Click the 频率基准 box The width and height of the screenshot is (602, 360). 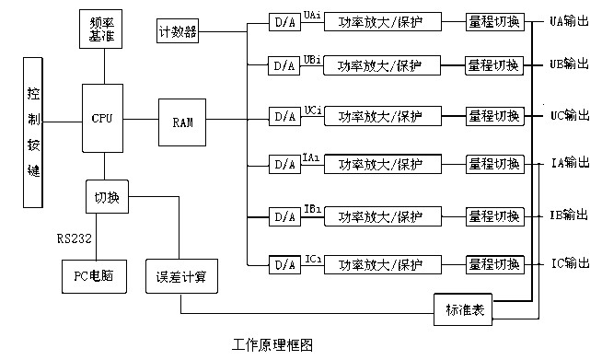point(103,31)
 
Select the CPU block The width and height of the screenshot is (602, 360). point(102,119)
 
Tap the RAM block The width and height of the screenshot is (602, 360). point(180,120)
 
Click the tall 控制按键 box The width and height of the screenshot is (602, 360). point(34,134)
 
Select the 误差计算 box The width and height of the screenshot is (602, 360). point(180,275)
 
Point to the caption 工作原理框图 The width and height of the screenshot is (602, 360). point(272,345)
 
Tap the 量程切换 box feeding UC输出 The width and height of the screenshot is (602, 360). point(494,117)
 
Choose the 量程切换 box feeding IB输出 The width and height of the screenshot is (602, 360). point(494,216)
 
